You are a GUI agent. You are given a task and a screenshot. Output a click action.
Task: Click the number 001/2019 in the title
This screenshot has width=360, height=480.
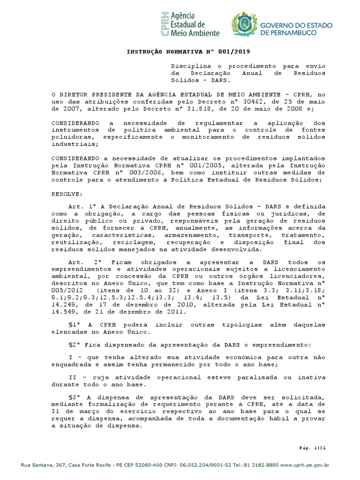point(240,51)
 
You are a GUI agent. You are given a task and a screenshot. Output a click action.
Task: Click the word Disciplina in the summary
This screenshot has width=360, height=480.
point(187,66)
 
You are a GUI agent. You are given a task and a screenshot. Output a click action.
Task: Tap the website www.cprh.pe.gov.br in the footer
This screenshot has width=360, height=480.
point(305,465)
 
